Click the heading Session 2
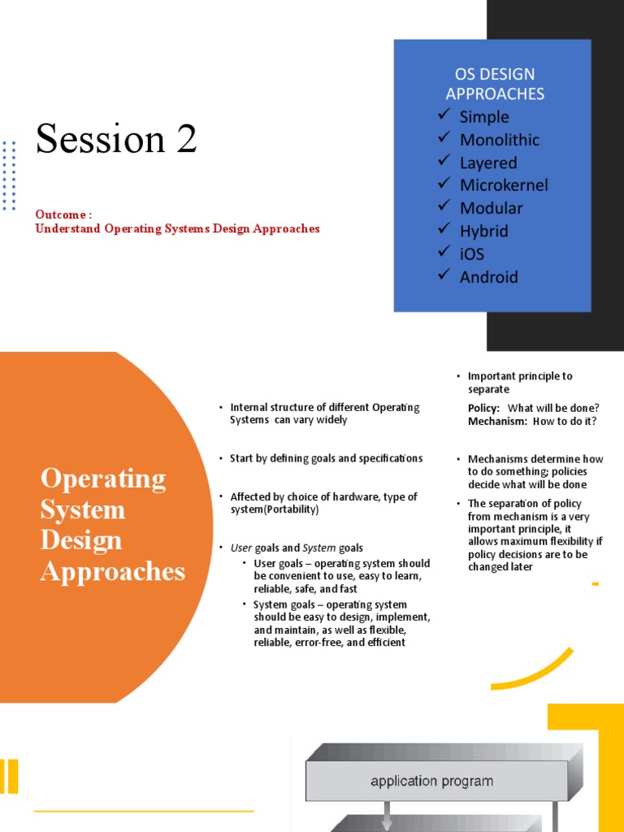pyautogui.click(x=116, y=139)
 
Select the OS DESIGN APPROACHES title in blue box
pyautogui.click(x=495, y=84)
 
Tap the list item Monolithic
pyautogui.click(x=500, y=140)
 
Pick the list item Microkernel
pyautogui.click(x=504, y=185)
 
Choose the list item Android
pyautogui.click(x=488, y=277)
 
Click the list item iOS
pyautogui.click(x=471, y=253)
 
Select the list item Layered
pyautogui.click(x=488, y=162)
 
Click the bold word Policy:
pyautogui.click(x=483, y=407)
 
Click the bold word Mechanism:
pyautogui.click(x=492, y=421)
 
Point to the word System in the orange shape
pyautogui.click(x=83, y=510)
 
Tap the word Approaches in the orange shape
pyautogui.click(x=113, y=572)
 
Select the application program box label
pyautogui.click(x=431, y=782)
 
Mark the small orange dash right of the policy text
pyautogui.click(x=596, y=583)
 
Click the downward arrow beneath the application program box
pyautogui.click(x=387, y=817)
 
